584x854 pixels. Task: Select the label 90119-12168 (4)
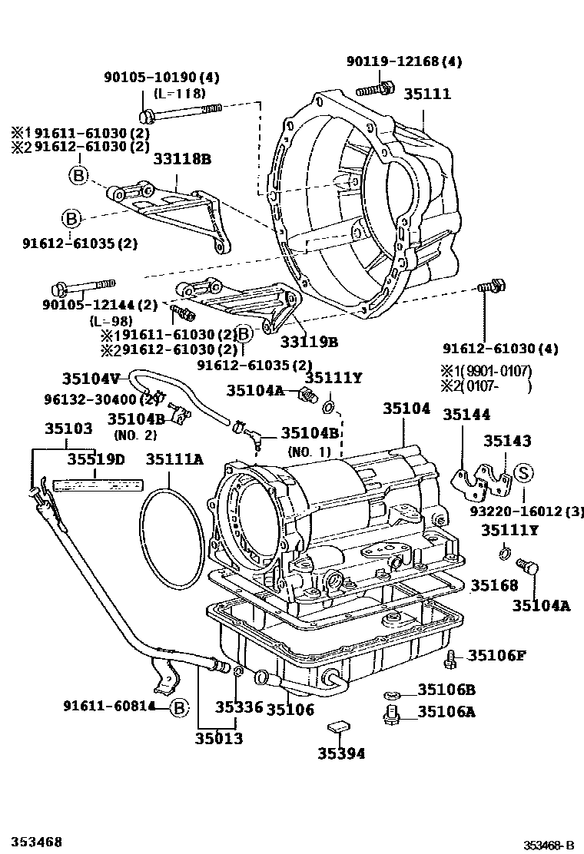[403, 61]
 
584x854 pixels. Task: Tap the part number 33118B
[182, 160]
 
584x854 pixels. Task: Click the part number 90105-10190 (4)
[161, 77]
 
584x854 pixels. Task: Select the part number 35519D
[95, 459]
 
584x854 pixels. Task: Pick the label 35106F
[497, 655]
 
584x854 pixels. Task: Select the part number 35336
[238, 708]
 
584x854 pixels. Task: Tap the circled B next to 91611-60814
[178, 707]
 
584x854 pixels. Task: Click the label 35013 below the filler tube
[217, 739]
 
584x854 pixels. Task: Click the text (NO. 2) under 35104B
[134, 435]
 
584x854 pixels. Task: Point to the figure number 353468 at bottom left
[37, 842]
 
